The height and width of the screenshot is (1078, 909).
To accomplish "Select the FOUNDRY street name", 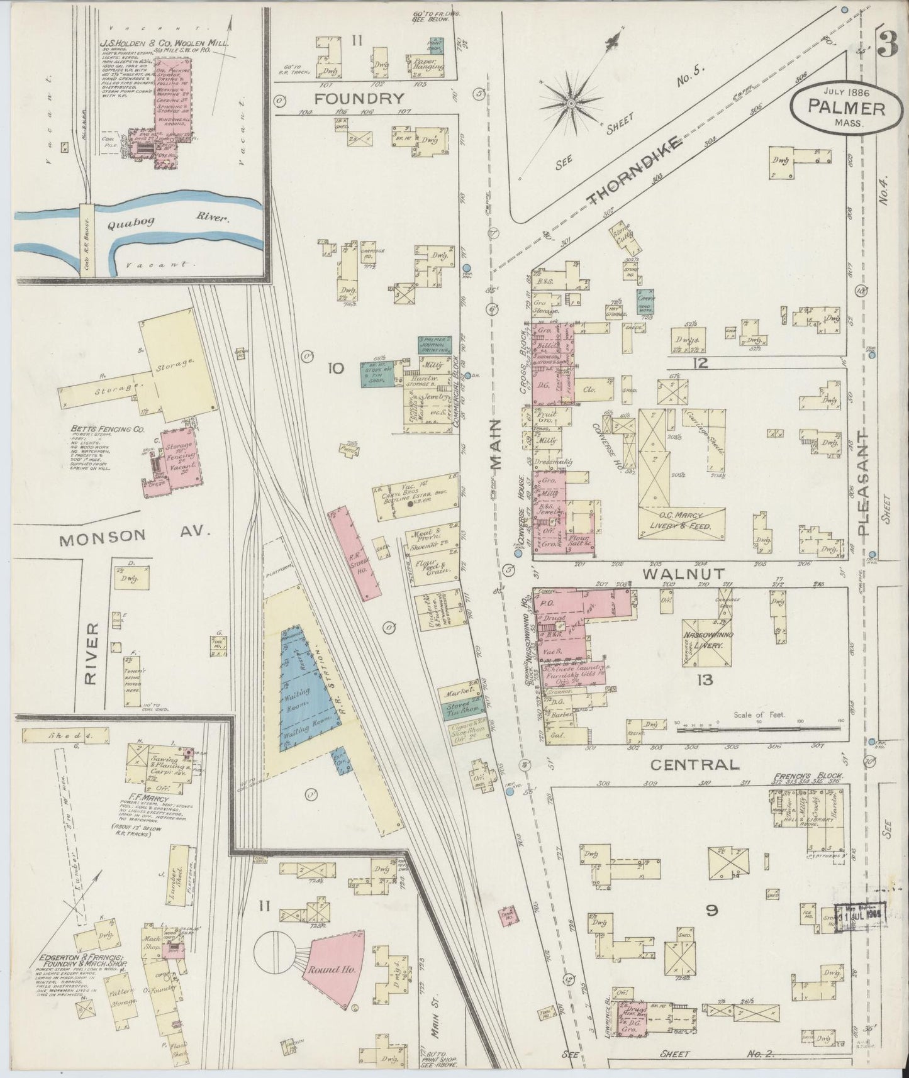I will click(359, 98).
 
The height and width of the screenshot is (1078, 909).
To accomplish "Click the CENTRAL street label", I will click(693, 765).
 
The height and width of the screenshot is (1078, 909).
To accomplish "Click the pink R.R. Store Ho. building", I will click(354, 553).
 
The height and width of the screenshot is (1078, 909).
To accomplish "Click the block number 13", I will click(705, 681).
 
